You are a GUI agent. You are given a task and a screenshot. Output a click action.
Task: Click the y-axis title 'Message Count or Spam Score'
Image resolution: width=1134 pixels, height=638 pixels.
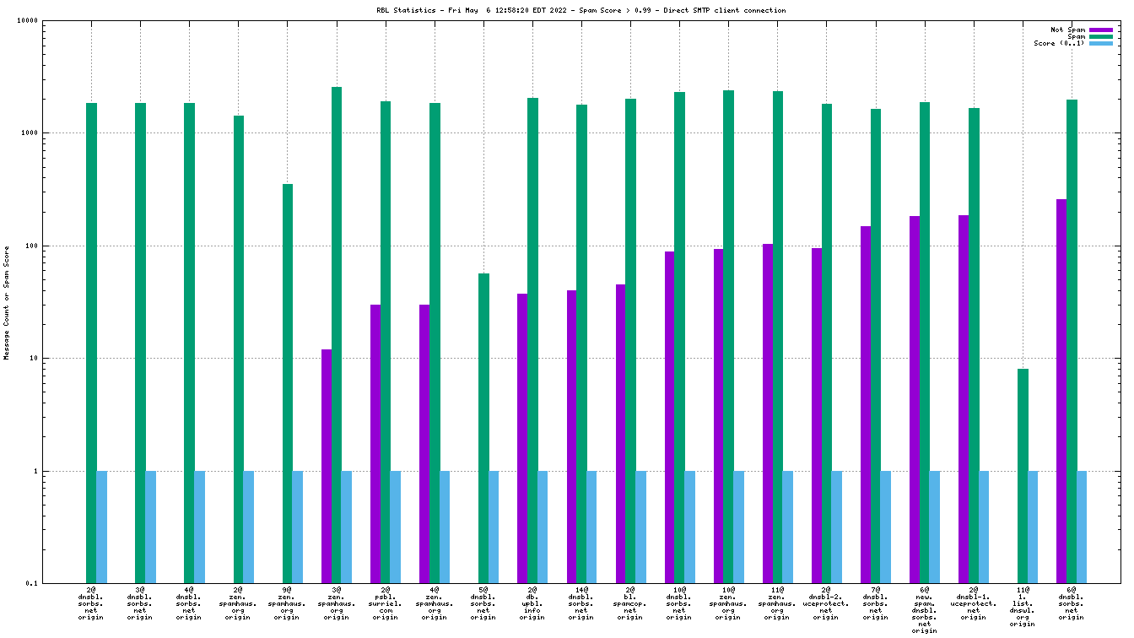(x=7, y=302)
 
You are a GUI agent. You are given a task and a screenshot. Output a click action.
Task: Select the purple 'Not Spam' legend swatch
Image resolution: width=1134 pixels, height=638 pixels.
(x=1101, y=30)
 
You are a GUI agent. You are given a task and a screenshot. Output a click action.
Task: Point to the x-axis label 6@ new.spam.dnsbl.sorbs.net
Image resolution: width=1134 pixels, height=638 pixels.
(x=925, y=610)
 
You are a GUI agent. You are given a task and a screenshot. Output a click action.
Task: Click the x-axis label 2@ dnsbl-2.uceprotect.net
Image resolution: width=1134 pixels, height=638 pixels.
(x=826, y=603)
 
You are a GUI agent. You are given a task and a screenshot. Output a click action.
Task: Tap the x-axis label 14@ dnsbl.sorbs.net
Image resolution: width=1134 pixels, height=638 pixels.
(x=581, y=603)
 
